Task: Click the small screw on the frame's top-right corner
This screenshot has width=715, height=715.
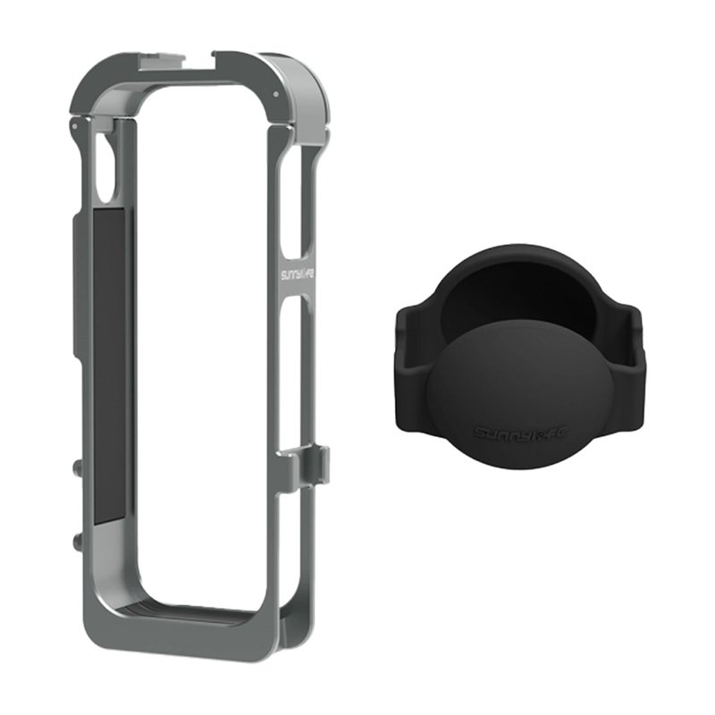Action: pos(277,94)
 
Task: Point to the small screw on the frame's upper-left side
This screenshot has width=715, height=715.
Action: pos(71,127)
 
